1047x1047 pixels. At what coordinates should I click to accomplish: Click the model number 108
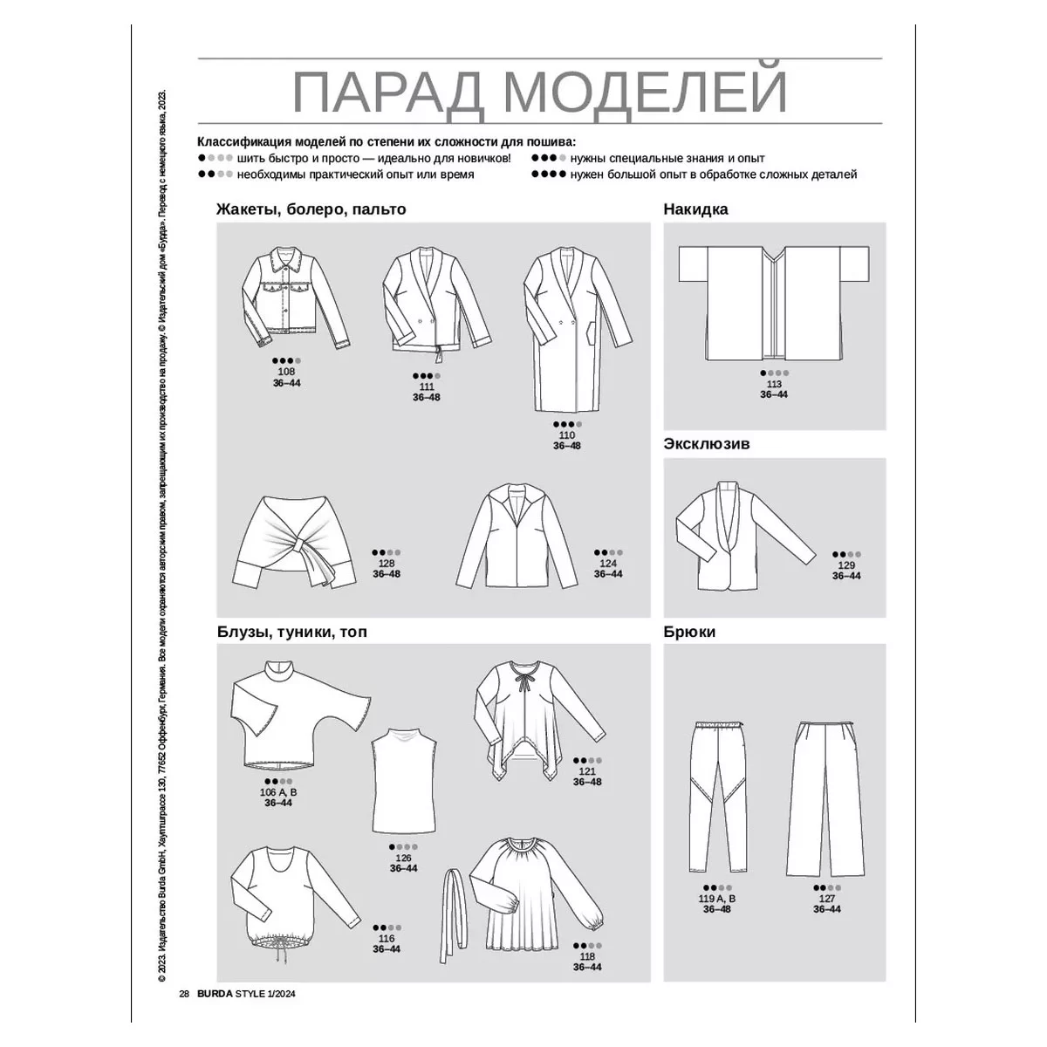coord(286,372)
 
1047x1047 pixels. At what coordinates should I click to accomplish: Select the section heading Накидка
coord(695,209)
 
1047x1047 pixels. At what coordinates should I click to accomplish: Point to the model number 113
coord(774,384)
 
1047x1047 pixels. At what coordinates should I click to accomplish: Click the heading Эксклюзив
coord(707,444)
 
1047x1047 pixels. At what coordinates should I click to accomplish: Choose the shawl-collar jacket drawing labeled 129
coord(745,535)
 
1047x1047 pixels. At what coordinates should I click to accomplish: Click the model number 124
coord(608,564)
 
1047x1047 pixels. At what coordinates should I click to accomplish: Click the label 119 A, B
coord(716,899)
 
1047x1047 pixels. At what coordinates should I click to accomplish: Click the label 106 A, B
coord(278,792)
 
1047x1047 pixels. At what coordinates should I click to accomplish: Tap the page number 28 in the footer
coord(184,1009)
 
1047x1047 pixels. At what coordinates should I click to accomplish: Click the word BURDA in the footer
coord(216,1009)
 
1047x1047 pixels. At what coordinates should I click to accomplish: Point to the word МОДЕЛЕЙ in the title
coord(645,92)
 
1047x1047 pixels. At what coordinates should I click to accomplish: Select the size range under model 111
coord(426,397)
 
